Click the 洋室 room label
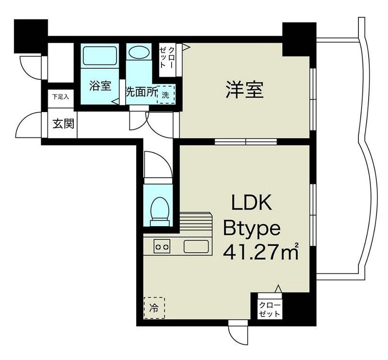pos(244,91)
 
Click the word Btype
pos(251,228)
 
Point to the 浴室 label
pos(100,87)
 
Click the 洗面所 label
pos(141,93)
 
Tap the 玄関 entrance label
pos(63,124)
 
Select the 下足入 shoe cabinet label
pos(61,97)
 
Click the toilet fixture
pos(159,211)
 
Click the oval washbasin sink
pos(140,52)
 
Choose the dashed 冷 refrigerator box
pos(154,307)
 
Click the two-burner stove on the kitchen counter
pos(162,246)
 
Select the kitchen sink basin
pos(196,246)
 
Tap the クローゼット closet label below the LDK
pos(269,310)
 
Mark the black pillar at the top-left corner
pos(31,35)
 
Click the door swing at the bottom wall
pos(238,334)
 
